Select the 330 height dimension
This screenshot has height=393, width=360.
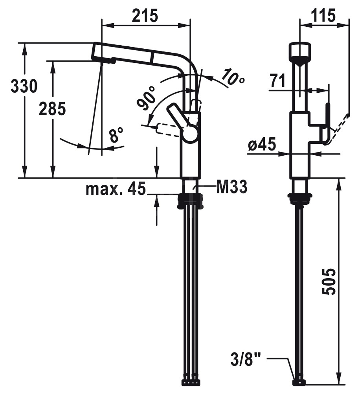(24, 86)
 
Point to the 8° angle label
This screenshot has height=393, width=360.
(116, 136)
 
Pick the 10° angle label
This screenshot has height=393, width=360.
(233, 77)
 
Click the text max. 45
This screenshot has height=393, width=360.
(116, 189)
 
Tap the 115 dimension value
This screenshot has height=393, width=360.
(323, 16)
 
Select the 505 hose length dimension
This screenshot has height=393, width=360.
(328, 281)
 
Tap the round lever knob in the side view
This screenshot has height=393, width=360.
(190, 134)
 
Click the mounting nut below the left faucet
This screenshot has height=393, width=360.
(191, 201)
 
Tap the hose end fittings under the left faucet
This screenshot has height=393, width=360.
(191, 382)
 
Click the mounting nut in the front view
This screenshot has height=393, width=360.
(300, 199)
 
